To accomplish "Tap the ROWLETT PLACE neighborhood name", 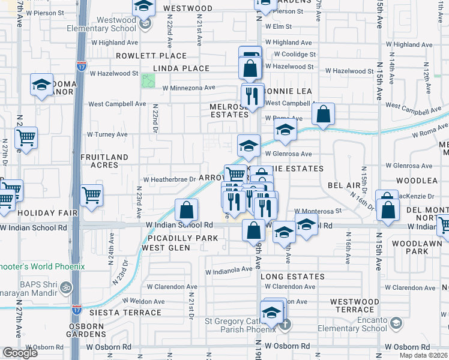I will (x=144, y=56).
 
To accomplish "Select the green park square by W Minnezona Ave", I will (x=147, y=80).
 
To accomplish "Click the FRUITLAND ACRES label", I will (x=104, y=161).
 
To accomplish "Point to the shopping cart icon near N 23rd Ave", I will (x=91, y=195).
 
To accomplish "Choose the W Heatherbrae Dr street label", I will (x=169, y=179).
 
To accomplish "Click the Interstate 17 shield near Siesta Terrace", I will (x=77, y=310).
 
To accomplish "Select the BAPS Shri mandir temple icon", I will (x=66, y=288).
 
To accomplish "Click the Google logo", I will (x=20, y=352).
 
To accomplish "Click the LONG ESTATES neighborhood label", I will (x=292, y=277).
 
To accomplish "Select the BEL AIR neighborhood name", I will (x=345, y=186).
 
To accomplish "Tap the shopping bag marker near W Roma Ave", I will (x=323, y=115).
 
